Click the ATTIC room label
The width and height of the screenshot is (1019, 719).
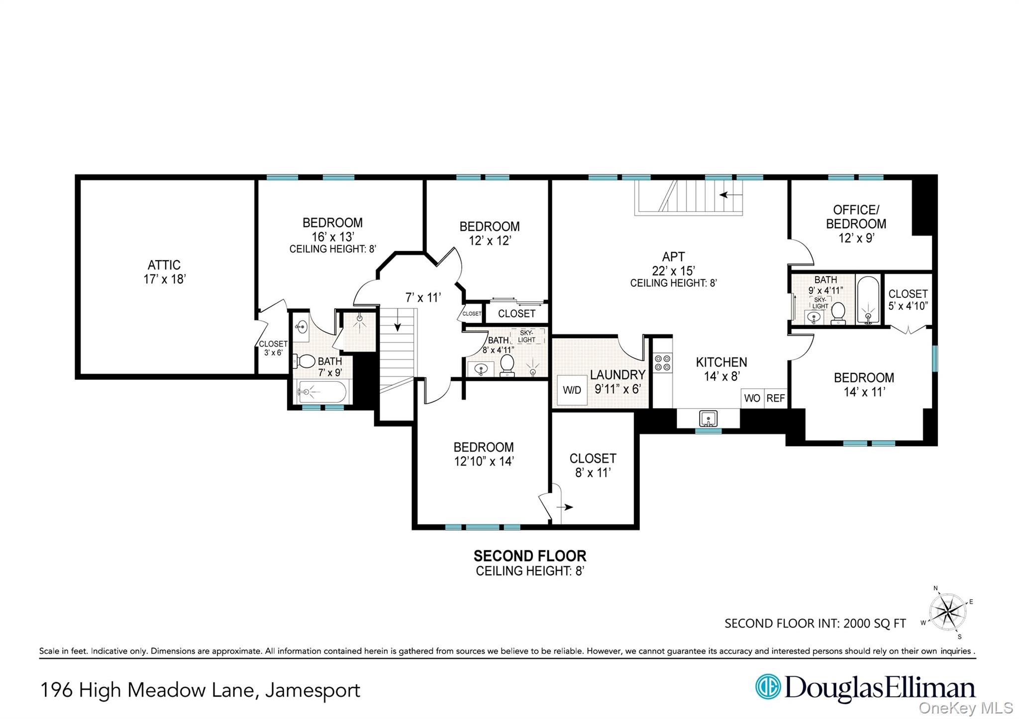pyautogui.click(x=164, y=265)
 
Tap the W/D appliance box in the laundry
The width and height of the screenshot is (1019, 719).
pyautogui.click(x=572, y=390)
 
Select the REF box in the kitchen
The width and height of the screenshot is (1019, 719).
pyautogui.click(x=776, y=398)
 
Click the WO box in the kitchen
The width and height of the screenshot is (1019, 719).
pyautogui.click(x=752, y=398)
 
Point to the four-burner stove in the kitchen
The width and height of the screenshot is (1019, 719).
pyautogui.click(x=663, y=362)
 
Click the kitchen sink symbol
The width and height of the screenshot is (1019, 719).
pyautogui.click(x=708, y=418)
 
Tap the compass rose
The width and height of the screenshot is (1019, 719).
pyautogui.click(x=947, y=612)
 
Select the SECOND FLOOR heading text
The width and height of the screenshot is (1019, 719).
pyautogui.click(x=530, y=555)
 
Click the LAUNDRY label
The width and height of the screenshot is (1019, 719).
pyautogui.click(x=617, y=375)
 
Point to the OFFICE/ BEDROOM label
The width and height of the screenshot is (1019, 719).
pyautogui.click(x=856, y=217)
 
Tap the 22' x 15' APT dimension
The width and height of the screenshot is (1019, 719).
pyautogui.click(x=674, y=271)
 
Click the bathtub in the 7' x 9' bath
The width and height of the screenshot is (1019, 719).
pyautogui.click(x=321, y=392)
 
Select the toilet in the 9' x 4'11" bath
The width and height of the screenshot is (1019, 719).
pyautogui.click(x=838, y=311)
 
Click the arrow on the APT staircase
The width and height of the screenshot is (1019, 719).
pyautogui.click(x=730, y=195)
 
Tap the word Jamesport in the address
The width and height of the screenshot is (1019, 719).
pyautogui.click(x=312, y=691)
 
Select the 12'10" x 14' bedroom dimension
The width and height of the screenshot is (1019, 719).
pyautogui.click(x=484, y=461)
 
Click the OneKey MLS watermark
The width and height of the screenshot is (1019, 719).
pyautogui.click(x=966, y=708)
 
